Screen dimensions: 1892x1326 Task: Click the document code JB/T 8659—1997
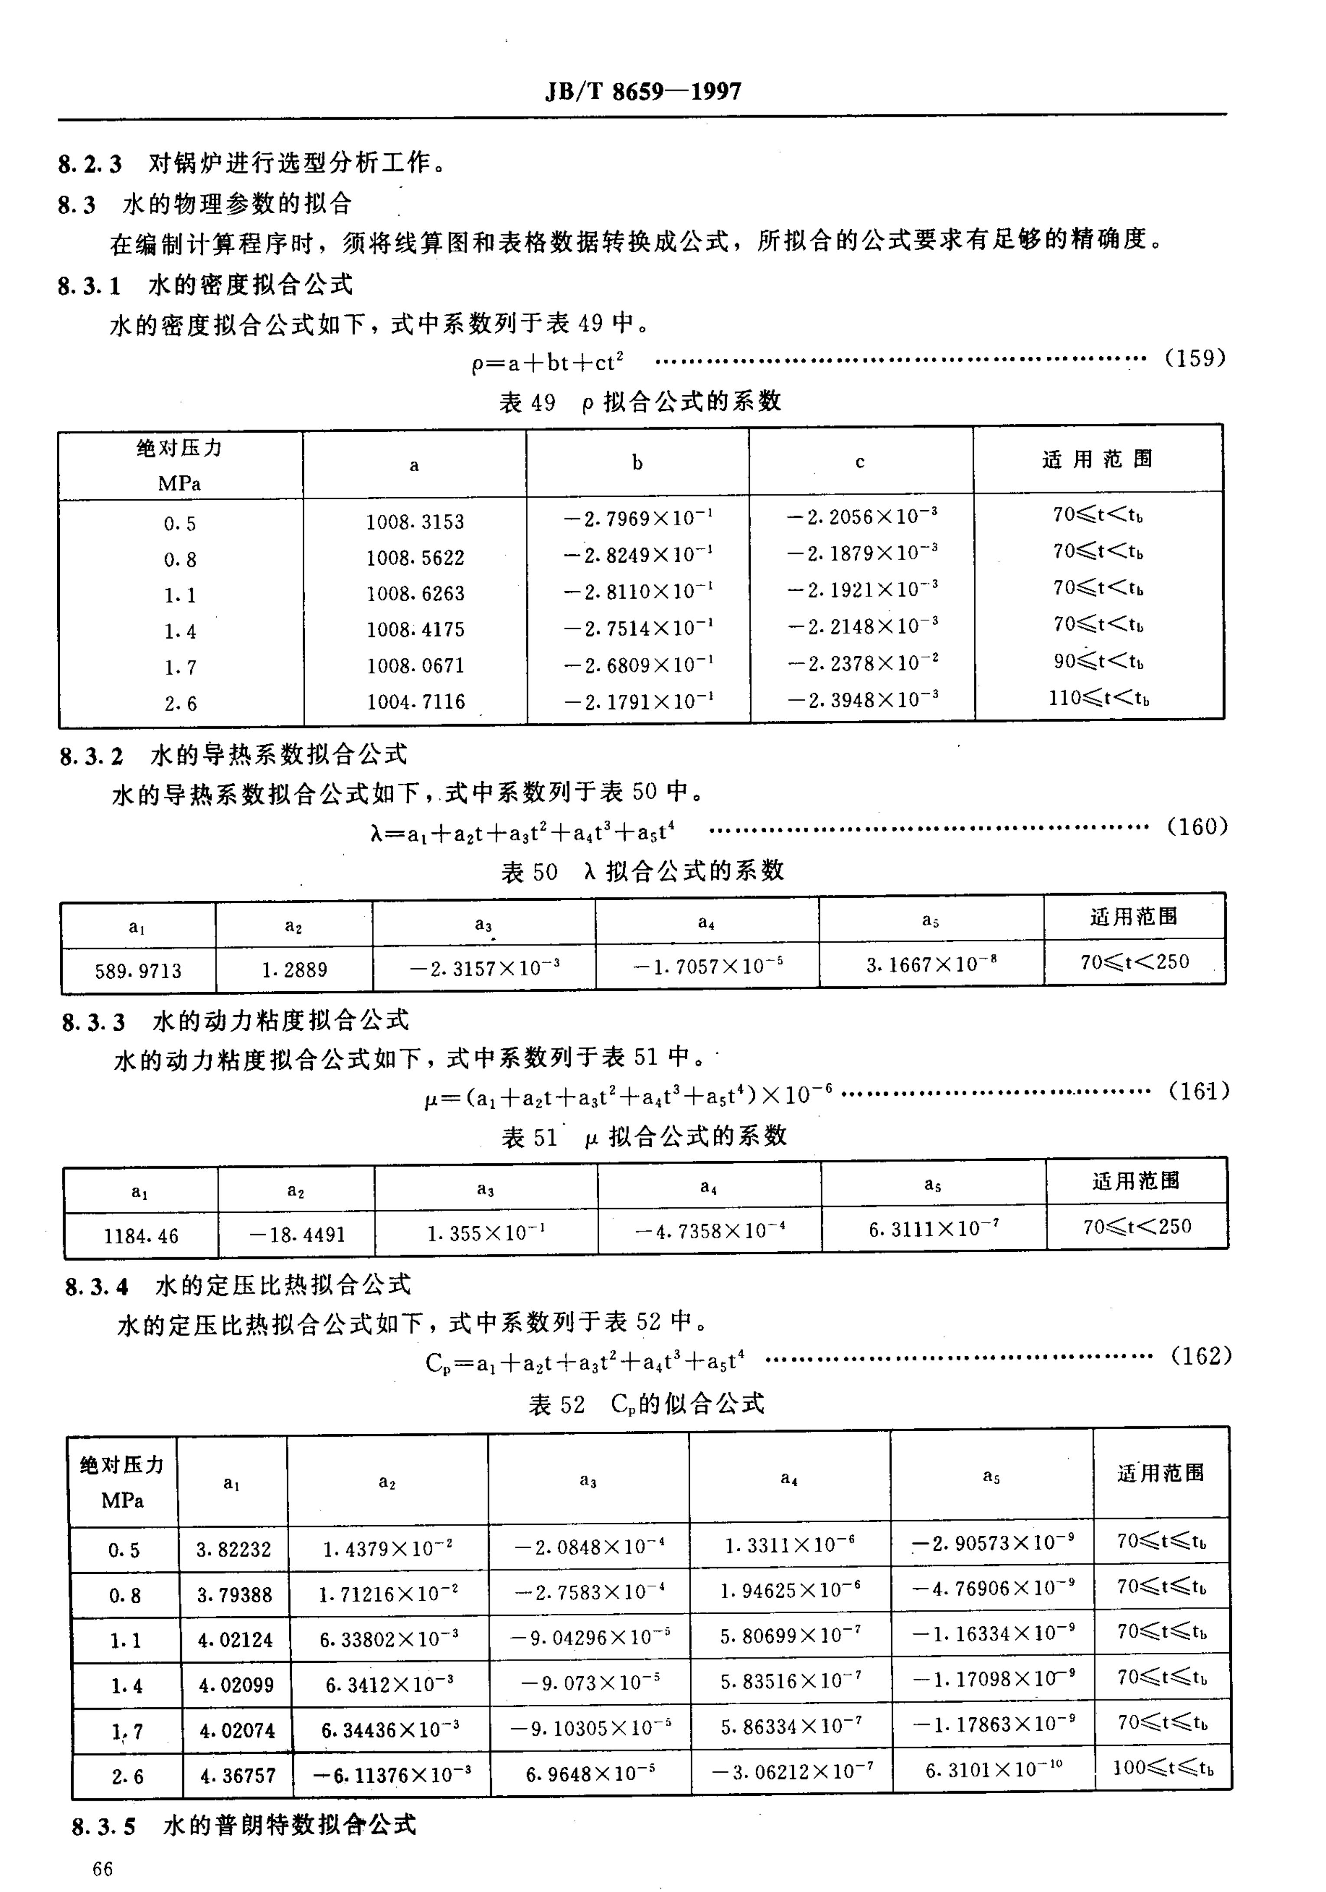[643, 91]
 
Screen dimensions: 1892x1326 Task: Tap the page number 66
[103, 1868]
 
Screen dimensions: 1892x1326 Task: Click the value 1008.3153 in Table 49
[415, 521]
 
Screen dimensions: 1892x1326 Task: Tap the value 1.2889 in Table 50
[294, 970]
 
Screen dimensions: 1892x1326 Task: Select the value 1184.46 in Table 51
[141, 1236]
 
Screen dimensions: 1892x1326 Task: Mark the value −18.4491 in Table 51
[297, 1234]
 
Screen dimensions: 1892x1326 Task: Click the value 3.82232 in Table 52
[233, 1550]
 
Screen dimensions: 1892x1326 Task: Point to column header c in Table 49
[859, 462]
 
